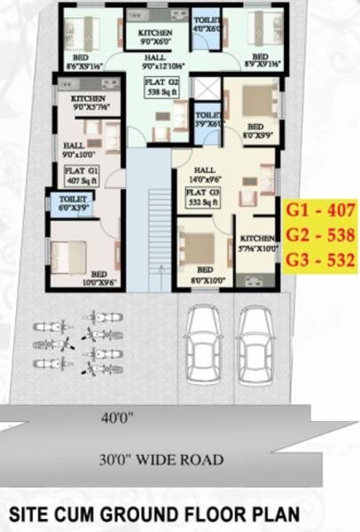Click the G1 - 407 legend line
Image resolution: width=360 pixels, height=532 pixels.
point(321,211)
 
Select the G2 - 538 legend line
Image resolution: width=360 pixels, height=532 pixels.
point(321,235)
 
